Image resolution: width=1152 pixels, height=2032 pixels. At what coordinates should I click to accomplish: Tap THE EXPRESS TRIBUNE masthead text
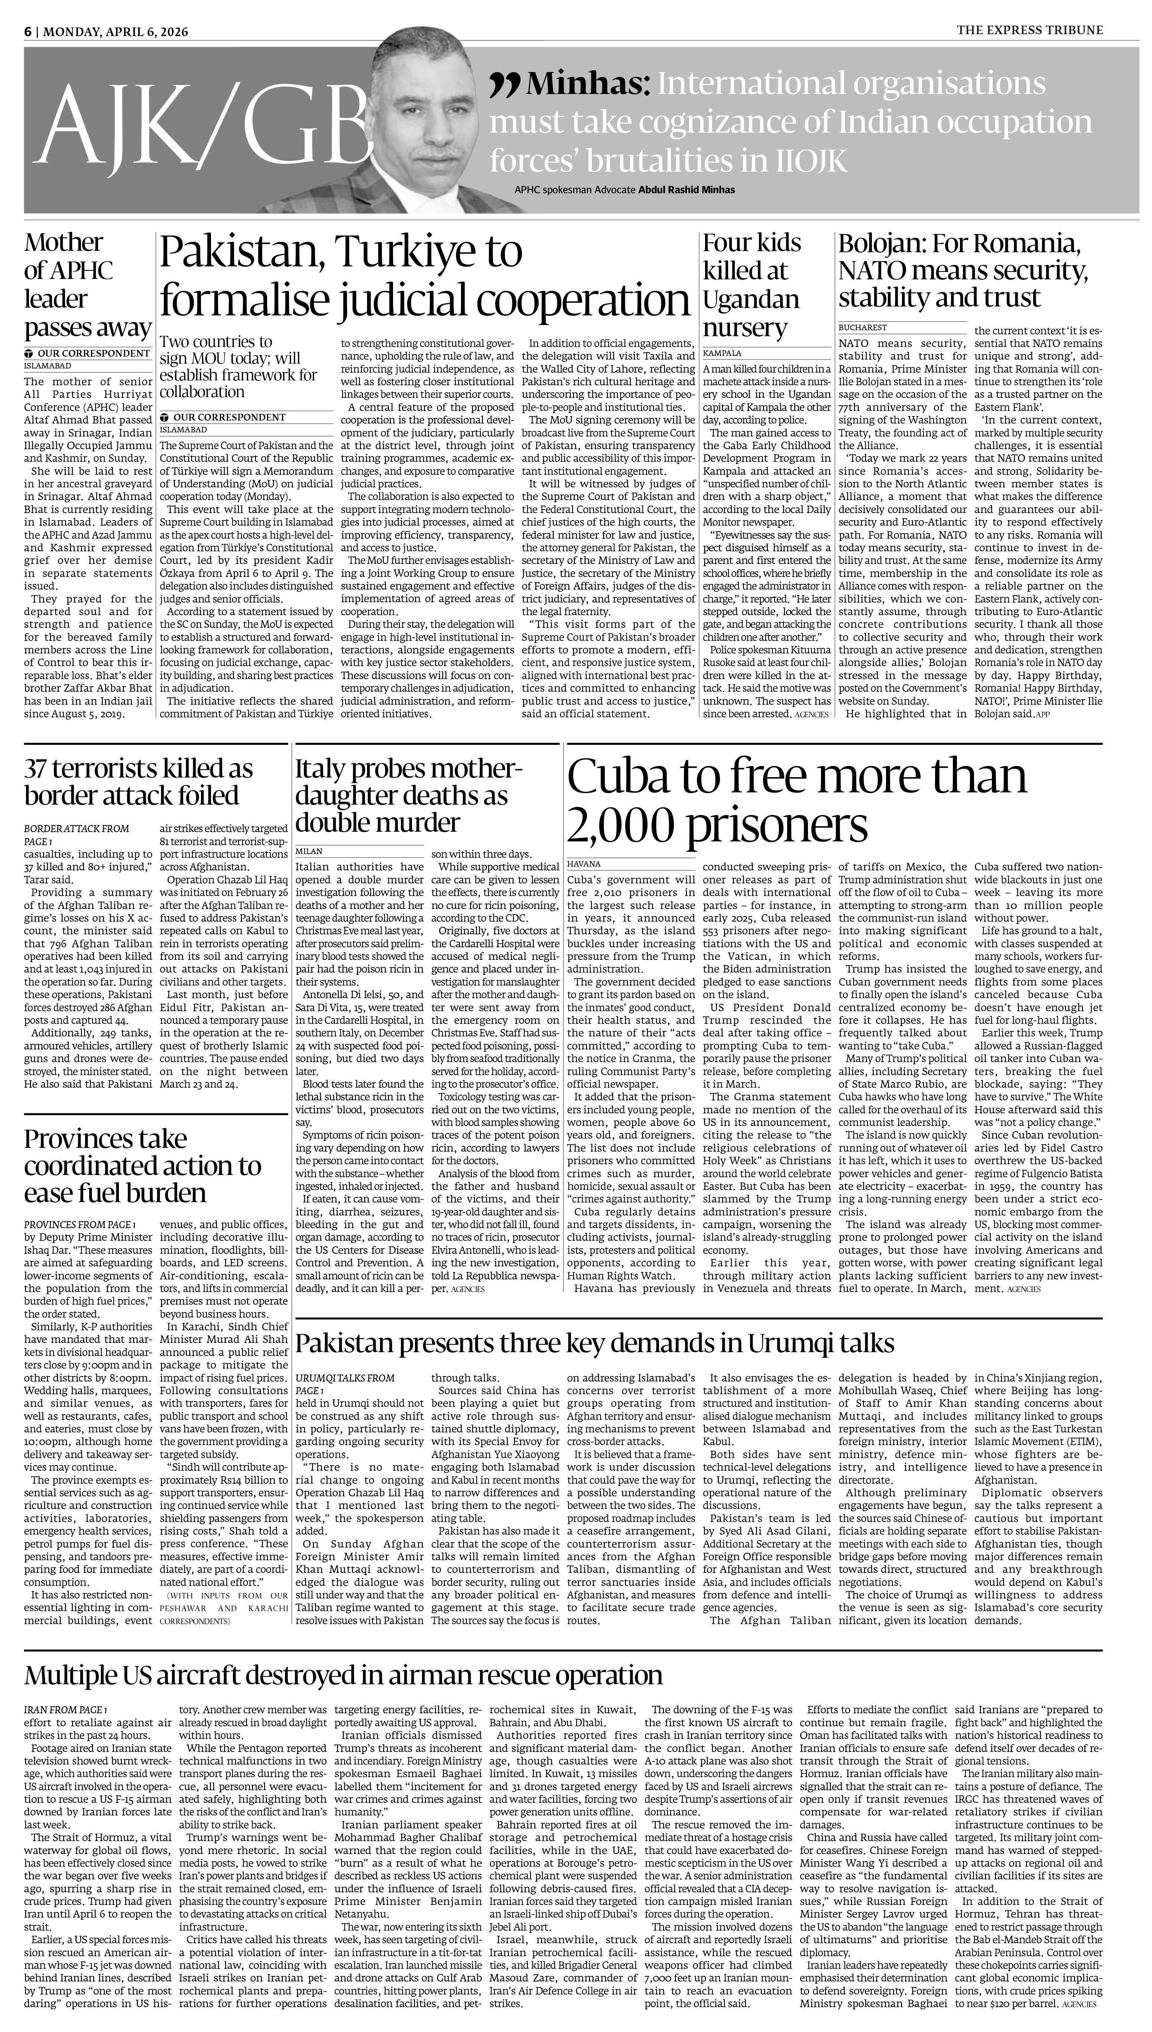coord(1029,30)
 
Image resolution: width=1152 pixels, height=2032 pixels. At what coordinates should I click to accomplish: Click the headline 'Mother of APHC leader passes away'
coord(87,285)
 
